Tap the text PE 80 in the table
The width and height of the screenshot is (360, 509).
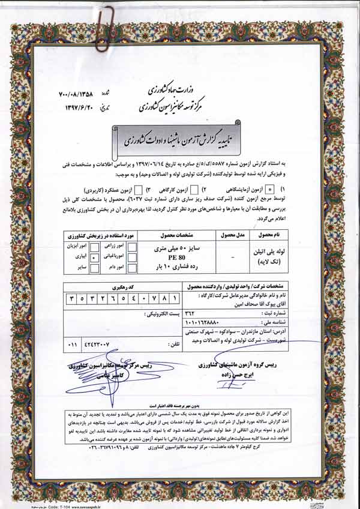click(179, 256)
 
